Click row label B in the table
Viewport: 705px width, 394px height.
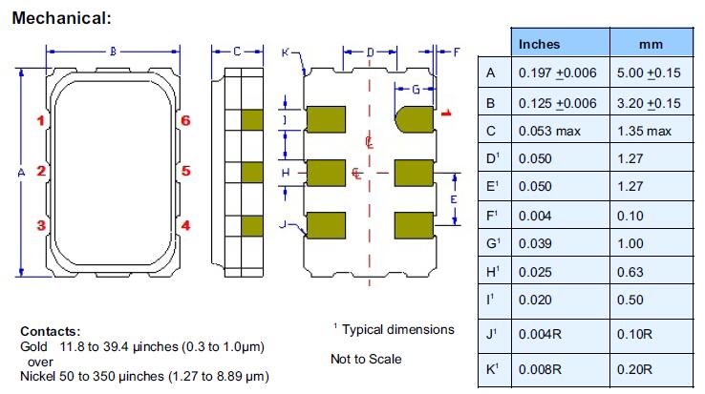click(492, 102)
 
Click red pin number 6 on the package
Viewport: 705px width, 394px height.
click(186, 121)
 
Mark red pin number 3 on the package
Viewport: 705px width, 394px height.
click(41, 225)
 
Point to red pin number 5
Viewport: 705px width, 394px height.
click(186, 172)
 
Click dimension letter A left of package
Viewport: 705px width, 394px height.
click(22, 173)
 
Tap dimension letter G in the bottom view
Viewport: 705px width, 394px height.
click(416, 89)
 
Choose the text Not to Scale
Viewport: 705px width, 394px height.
click(366, 360)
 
